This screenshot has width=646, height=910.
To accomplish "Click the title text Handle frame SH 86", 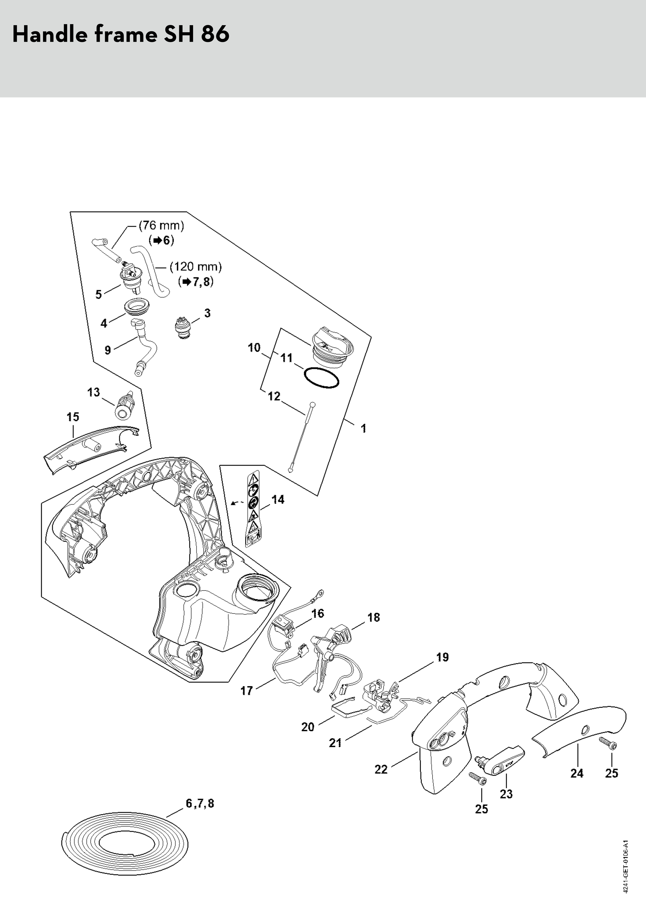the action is click(x=121, y=35).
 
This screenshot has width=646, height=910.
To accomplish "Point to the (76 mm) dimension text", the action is click(x=161, y=226).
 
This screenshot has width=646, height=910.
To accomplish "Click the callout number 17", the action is click(x=247, y=691).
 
